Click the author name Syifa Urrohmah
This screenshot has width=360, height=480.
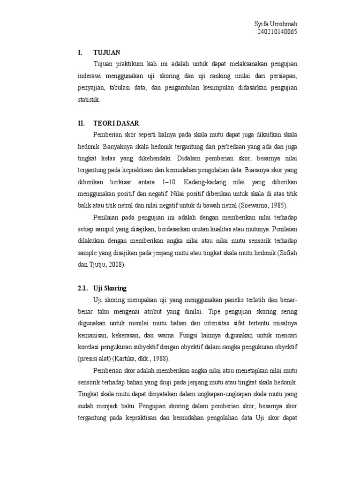(x=276, y=24)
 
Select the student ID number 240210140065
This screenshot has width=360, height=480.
(x=277, y=32)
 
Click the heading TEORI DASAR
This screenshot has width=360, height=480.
(x=115, y=123)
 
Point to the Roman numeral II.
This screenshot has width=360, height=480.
(x=81, y=123)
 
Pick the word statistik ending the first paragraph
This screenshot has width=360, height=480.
(x=89, y=100)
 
